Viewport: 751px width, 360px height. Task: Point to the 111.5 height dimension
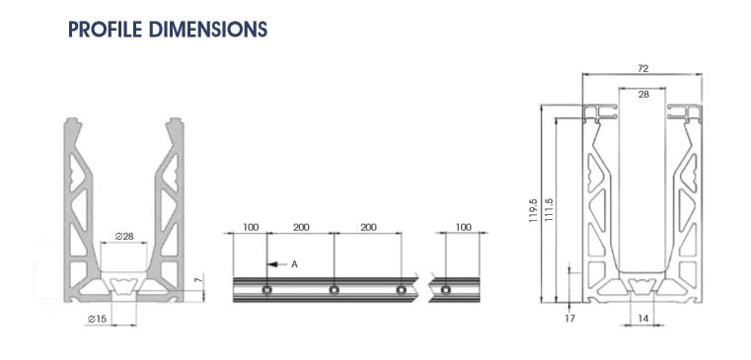click(x=549, y=213)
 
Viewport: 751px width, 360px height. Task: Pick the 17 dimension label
click(x=569, y=318)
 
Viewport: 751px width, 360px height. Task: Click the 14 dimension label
click(x=642, y=318)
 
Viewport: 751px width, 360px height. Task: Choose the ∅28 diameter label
click(x=124, y=236)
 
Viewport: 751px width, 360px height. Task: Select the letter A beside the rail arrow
click(x=294, y=264)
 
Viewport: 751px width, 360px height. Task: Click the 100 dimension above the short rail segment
click(x=464, y=227)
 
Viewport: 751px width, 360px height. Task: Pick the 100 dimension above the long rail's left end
click(x=251, y=227)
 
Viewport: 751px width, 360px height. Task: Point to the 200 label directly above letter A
click(x=301, y=227)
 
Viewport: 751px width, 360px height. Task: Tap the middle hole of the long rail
click(x=334, y=290)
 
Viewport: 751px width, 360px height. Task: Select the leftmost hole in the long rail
click(x=267, y=290)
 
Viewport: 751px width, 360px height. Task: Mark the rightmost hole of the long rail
click(x=400, y=290)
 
